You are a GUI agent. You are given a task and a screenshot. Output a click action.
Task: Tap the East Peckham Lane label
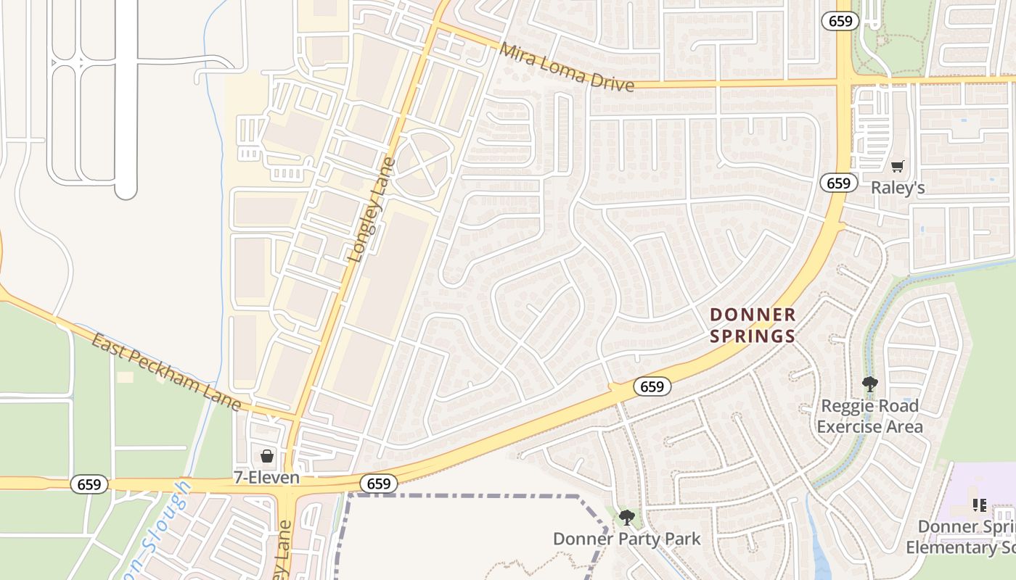pyautogui.click(x=166, y=372)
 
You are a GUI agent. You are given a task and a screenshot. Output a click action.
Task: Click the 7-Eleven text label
pyautogui.click(x=266, y=478)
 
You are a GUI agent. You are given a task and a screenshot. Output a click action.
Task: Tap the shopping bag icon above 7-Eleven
pyautogui.click(x=267, y=456)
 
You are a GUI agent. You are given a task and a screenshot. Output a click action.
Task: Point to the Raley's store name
pyautogui.click(x=898, y=188)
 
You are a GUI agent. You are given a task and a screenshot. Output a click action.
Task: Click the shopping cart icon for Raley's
pyautogui.click(x=898, y=167)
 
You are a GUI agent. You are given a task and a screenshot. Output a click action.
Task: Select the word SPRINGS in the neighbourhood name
pyautogui.click(x=753, y=336)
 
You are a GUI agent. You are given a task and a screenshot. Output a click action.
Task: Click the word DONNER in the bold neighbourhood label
pyautogui.click(x=753, y=315)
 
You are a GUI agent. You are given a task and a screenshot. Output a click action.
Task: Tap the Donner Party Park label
pyautogui.click(x=627, y=539)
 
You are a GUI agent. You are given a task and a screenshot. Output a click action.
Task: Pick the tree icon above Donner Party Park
pyautogui.click(x=627, y=518)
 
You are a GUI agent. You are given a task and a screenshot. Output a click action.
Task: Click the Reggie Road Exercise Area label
pyautogui.click(x=869, y=415)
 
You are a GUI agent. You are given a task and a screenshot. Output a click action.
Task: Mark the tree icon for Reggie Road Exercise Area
pyautogui.click(x=869, y=384)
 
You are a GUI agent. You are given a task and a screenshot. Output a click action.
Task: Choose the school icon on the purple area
pyautogui.click(x=979, y=505)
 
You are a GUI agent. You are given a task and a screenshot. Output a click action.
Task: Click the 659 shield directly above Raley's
pyautogui.click(x=838, y=183)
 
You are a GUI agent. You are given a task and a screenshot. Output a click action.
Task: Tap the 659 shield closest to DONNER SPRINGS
pyautogui.click(x=652, y=386)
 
